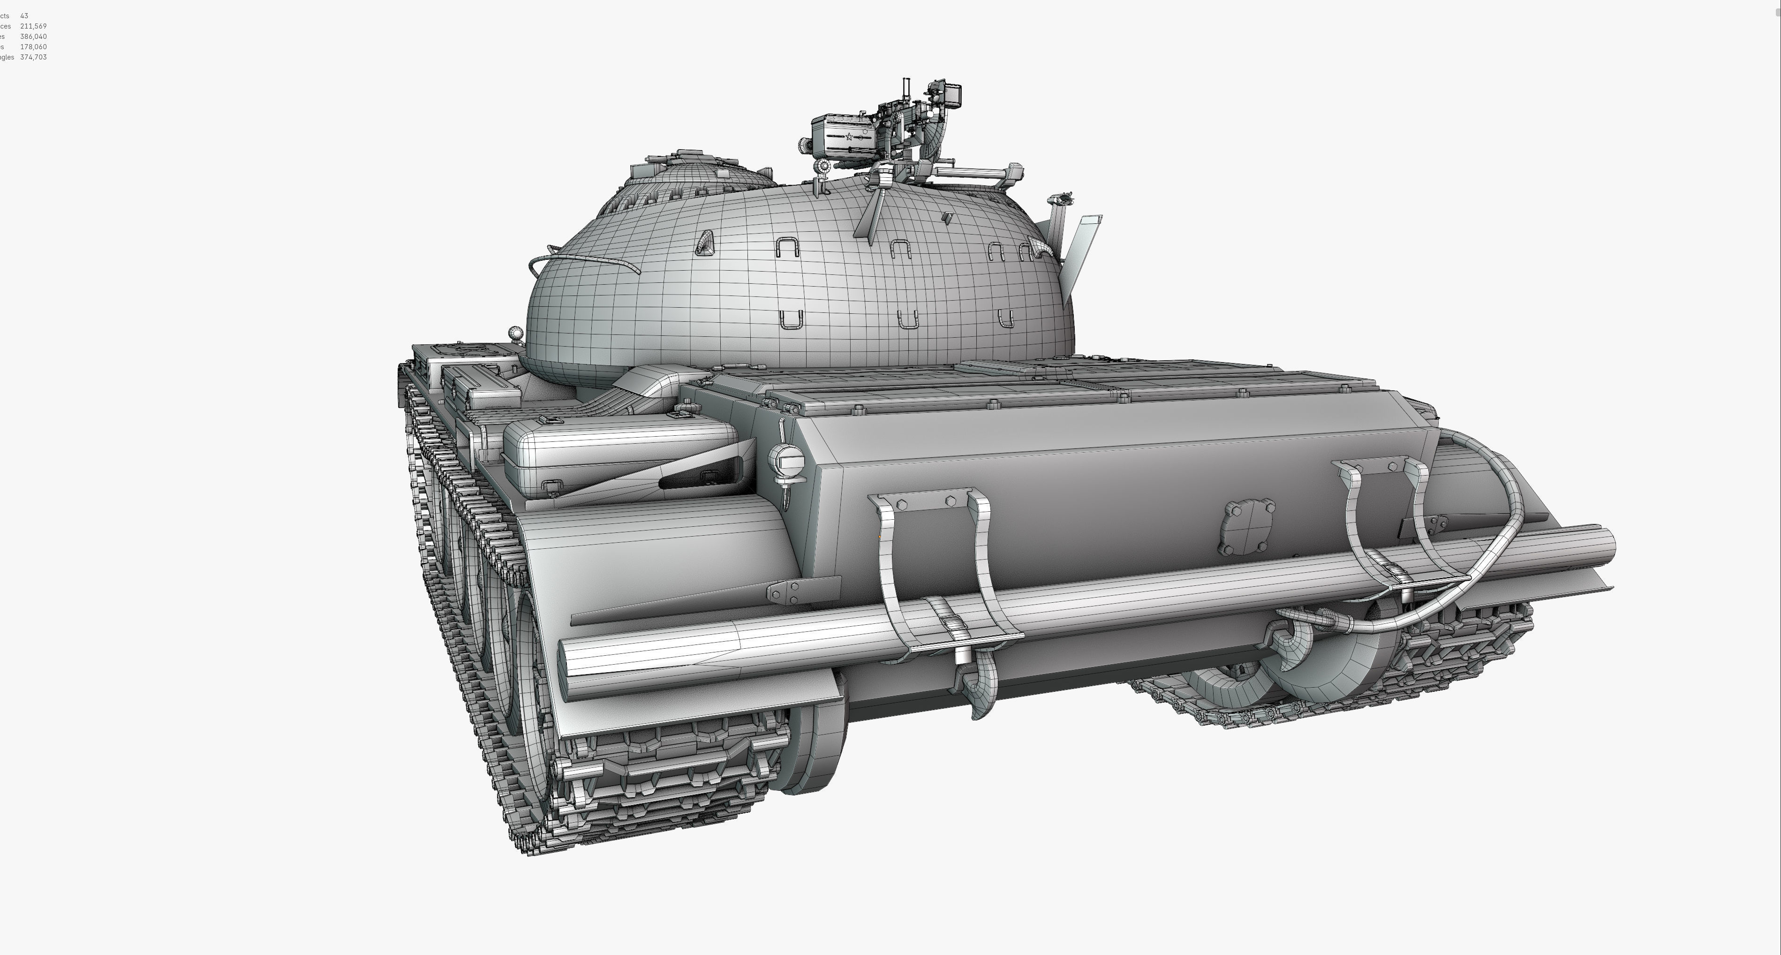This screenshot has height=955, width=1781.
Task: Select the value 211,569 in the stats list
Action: click(33, 26)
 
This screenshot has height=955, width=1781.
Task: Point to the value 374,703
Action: click(33, 57)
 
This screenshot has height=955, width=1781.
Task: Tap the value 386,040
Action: click(33, 37)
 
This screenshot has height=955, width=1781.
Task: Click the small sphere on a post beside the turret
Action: click(516, 334)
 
